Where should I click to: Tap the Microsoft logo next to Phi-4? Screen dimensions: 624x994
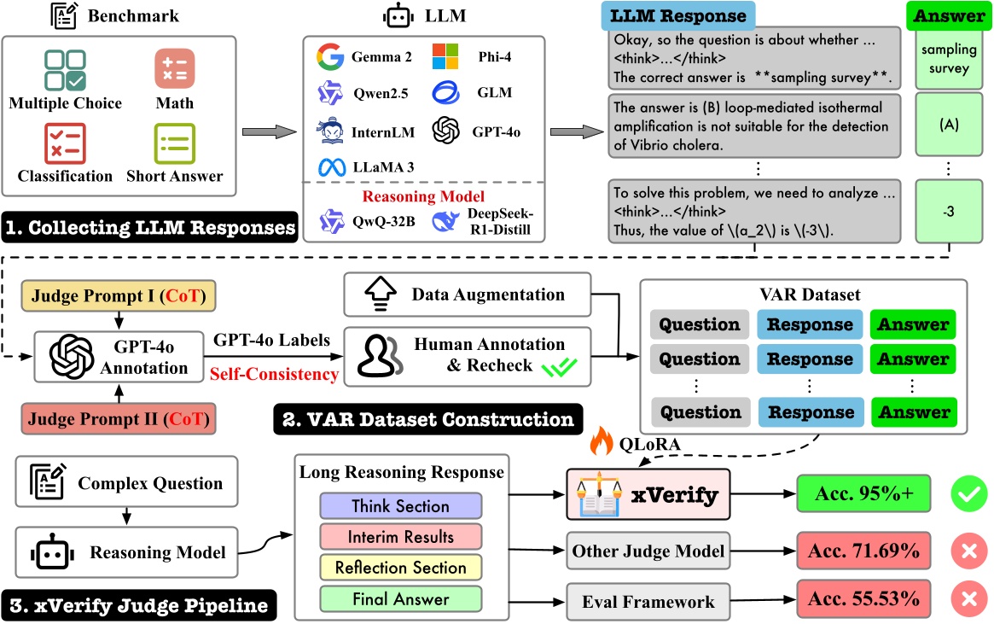click(445, 57)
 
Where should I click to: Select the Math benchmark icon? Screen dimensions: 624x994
click(173, 69)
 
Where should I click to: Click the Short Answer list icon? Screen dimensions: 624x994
click(173, 143)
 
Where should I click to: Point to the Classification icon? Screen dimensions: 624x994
click(64, 143)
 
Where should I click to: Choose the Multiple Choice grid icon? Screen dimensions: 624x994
click(64, 69)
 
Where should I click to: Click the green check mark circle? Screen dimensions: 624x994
click(968, 493)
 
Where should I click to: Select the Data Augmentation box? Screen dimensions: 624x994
click(467, 295)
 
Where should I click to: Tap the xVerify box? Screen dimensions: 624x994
click(635, 493)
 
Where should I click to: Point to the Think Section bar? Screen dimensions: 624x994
click(400, 506)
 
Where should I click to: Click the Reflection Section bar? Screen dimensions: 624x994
click(400, 568)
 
